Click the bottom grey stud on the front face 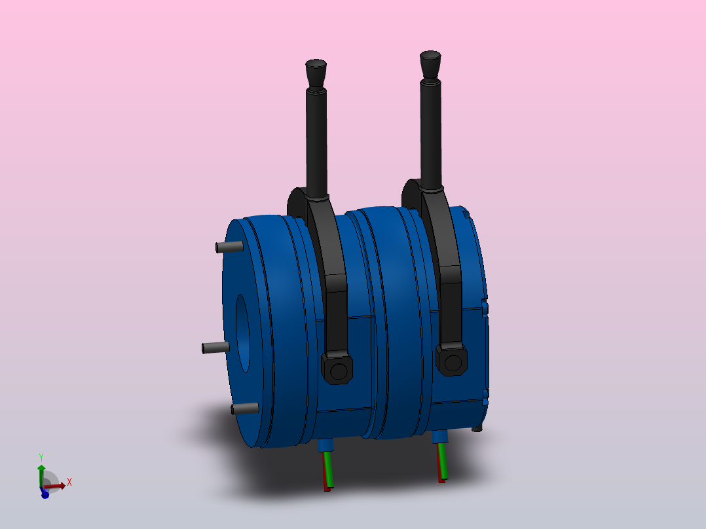[x=245, y=409]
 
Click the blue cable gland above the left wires [x=325, y=445]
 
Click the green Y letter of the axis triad [x=41, y=457]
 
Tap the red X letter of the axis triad [x=69, y=481]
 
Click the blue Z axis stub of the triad [x=45, y=494]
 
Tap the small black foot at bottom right [x=477, y=428]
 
